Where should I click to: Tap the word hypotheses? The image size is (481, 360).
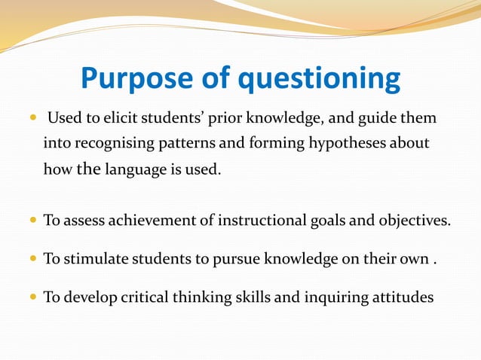pyautogui.click(x=337, y=144)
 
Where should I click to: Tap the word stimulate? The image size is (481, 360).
pyautogui.click(x=90, y=259)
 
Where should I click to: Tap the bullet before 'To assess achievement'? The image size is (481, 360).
pyautogui.click(x=32, y=221)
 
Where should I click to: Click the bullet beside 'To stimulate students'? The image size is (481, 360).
pyautogui.click(x=32, y=260)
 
